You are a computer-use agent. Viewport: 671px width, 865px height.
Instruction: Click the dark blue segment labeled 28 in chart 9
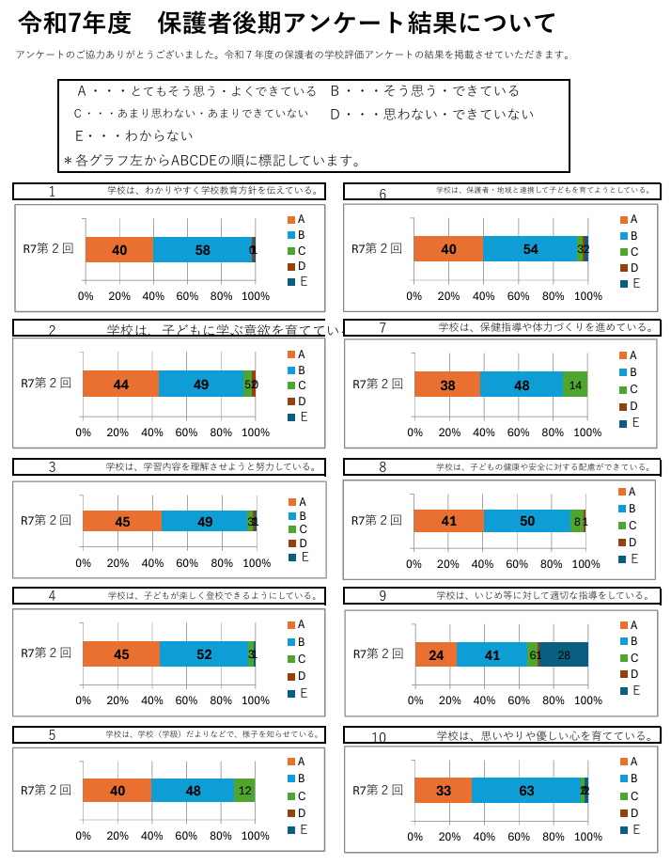(x=563, y=654)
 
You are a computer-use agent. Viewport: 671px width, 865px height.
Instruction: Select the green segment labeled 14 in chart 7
(x=575, y=384)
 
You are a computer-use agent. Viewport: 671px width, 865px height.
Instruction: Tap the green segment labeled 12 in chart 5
(x=244, y=791)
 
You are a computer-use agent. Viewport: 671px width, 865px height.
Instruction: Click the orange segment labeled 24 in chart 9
(x=436, y=654)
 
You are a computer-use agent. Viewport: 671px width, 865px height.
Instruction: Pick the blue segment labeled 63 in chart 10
(x=526, y=791)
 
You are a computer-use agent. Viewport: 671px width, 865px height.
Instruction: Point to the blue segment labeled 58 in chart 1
(x=203, y=250)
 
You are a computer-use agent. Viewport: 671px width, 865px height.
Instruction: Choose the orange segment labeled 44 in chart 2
(x=120, y=384)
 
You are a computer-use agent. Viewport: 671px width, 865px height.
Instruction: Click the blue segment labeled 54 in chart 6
(x=531, y=249)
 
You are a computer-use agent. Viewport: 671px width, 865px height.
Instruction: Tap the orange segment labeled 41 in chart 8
(x=448, y=520)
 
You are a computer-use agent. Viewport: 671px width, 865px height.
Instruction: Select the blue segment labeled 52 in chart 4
(x=203, y=654)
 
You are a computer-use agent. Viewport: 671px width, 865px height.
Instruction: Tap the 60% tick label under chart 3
(x=187, y=563)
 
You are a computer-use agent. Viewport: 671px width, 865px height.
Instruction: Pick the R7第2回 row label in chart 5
(x=46, y=791)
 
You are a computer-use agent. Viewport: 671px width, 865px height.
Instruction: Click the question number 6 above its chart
(x=382, y=195)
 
